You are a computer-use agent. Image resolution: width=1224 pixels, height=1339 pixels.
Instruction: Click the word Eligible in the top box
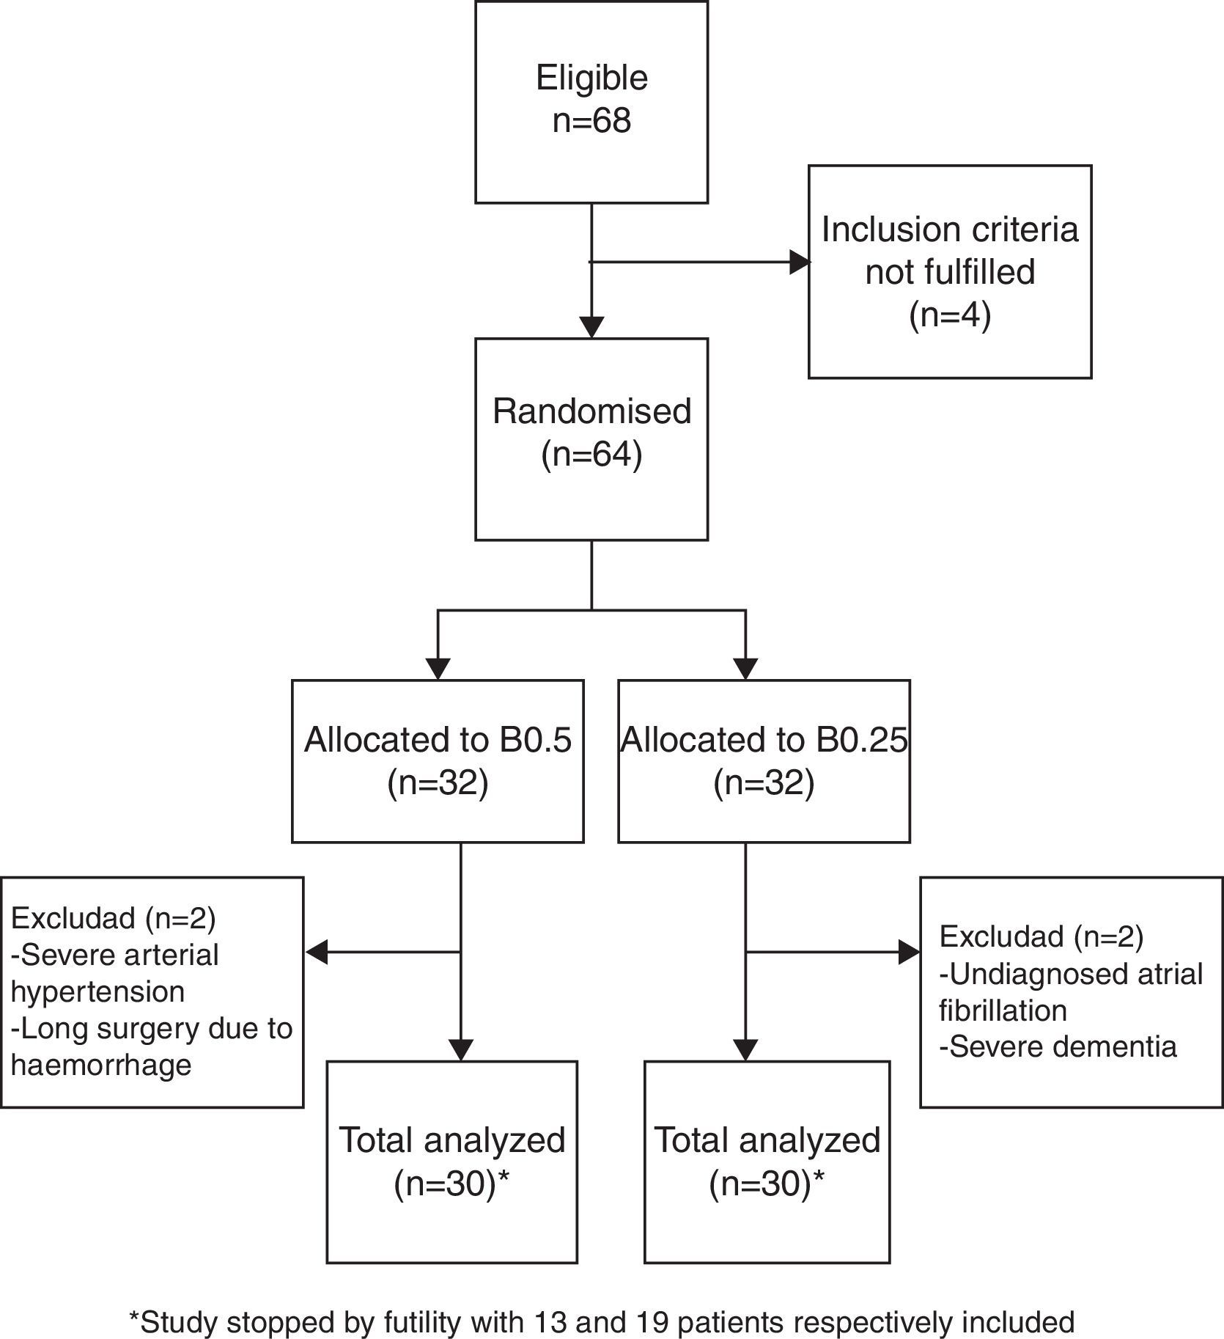(591, 78)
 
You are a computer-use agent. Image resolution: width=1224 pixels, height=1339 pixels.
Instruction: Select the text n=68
(591, 120)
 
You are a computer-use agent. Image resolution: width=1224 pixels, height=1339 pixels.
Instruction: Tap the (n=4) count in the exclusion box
(950, 315)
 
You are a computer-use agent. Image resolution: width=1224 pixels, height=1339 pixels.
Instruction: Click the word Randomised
(591, 411)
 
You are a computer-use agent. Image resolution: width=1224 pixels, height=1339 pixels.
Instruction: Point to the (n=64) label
(591, 454)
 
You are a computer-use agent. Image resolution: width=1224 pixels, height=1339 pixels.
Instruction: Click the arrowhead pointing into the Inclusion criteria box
(800, 262)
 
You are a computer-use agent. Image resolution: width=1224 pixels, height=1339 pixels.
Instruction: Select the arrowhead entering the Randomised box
(591, 327)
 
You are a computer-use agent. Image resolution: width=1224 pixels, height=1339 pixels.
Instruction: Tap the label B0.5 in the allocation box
(536, 740)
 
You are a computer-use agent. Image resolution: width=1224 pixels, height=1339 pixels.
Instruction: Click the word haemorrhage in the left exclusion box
(101, 1065)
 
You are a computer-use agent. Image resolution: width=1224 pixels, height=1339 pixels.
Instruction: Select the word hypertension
(97, 991)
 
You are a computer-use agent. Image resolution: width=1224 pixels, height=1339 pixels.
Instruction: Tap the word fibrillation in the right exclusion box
(1003, 1010)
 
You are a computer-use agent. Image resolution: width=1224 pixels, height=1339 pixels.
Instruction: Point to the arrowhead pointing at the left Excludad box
(316, 953)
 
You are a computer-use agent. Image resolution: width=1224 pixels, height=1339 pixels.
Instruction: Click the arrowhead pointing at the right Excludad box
(909, 953)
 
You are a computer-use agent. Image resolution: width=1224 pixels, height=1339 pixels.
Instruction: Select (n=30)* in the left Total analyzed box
(451, 1184)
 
